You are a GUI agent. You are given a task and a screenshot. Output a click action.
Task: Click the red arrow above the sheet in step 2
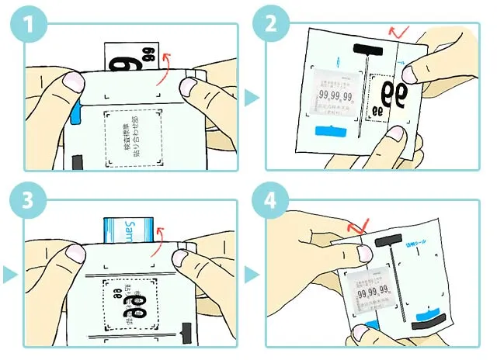tap(400, 32)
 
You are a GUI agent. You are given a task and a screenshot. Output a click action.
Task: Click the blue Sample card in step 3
tap(127, 230)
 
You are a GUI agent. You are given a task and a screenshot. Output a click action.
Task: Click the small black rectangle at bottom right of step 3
tap(185, 334)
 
